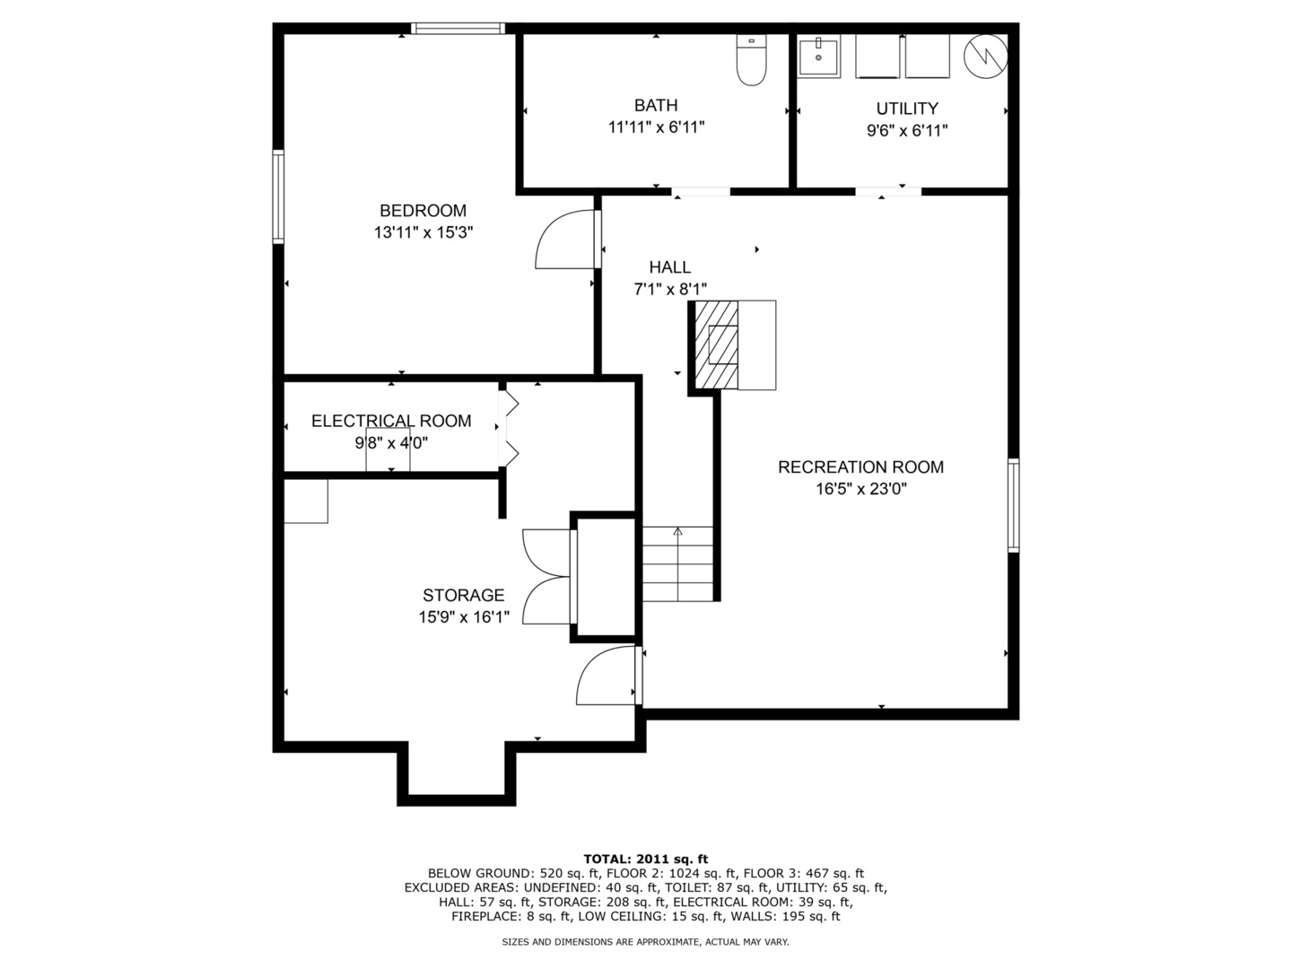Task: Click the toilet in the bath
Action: [750, 61]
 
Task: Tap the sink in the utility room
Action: [818, 58]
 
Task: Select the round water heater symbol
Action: [985, 57]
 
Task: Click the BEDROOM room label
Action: [423, 211]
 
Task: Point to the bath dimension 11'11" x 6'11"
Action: [656, 127]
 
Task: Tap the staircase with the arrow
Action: [677, 563]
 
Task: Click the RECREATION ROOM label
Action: [860, 467]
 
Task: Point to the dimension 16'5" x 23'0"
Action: [860, 489]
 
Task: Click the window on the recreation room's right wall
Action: [1013, 504]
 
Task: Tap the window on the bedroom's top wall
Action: [458, 29]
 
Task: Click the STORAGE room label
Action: [463, 595]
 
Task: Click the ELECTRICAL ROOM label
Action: [390, 421]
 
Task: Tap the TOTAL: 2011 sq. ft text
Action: [645, 859]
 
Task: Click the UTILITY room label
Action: [907, 109]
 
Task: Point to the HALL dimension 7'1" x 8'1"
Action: [670, 289]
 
